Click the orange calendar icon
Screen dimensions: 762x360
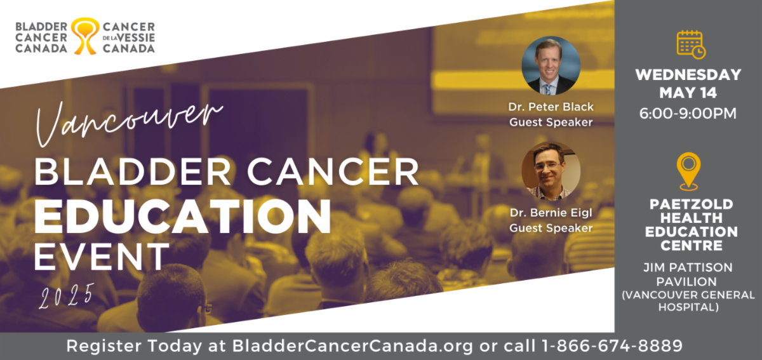tap(691, 44)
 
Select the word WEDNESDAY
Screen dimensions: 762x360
tap(688, 75)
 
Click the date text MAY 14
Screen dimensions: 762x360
tap(688, 93)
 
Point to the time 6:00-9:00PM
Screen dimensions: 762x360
tap(688, 113)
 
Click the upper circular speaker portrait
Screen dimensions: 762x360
tap(551, 65)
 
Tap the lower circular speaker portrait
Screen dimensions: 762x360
tap(551, 171)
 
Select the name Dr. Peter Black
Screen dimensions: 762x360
tap(551, 107)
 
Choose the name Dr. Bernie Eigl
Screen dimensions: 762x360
tap(551, 213)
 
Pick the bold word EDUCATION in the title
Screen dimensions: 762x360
tap(182, 217)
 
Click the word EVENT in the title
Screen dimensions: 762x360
tap(102, 257)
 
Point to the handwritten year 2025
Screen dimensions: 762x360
tap(67, 296)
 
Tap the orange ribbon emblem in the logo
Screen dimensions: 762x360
tap(85, 36)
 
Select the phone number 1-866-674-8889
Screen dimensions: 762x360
tap(612, 346)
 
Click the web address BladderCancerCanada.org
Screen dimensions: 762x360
tap(352, 346)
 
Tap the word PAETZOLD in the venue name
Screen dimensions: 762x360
tap(692, 204)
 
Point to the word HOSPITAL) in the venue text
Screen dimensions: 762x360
tap(688, 307)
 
